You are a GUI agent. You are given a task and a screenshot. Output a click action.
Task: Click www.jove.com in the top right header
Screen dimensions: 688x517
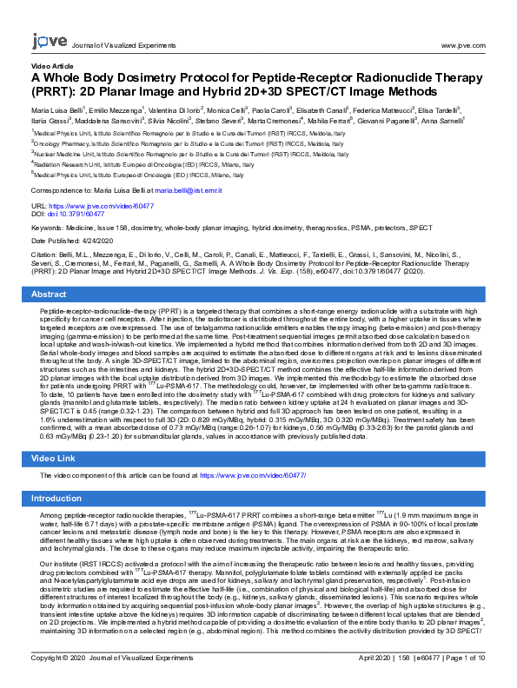point(462,44)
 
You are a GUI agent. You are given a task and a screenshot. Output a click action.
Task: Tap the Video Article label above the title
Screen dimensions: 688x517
point(53,66)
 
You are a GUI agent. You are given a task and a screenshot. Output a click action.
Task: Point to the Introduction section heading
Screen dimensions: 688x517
point(56,499)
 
